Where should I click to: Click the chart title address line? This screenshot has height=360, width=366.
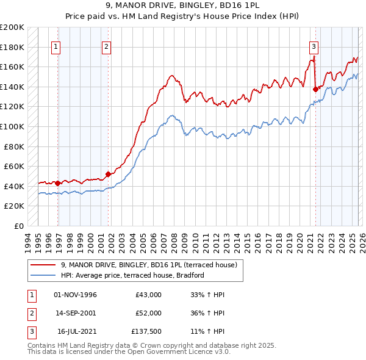tap(182, 5)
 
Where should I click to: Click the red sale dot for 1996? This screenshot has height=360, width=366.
tap(57, 183)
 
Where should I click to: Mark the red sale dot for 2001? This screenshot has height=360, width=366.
tap(108, 174)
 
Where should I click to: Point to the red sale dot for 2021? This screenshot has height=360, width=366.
tap(315, 89)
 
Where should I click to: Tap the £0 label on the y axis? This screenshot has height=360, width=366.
tap(19, 226)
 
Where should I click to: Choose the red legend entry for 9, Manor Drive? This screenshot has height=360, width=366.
tap(152, 265)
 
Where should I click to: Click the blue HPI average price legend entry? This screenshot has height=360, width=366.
tap(135, 276)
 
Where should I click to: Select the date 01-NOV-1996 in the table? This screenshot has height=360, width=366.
tap(75, 295)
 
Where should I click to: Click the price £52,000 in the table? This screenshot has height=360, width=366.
tap(148, 313)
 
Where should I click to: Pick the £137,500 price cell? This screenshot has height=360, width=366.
tap(146, 331)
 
